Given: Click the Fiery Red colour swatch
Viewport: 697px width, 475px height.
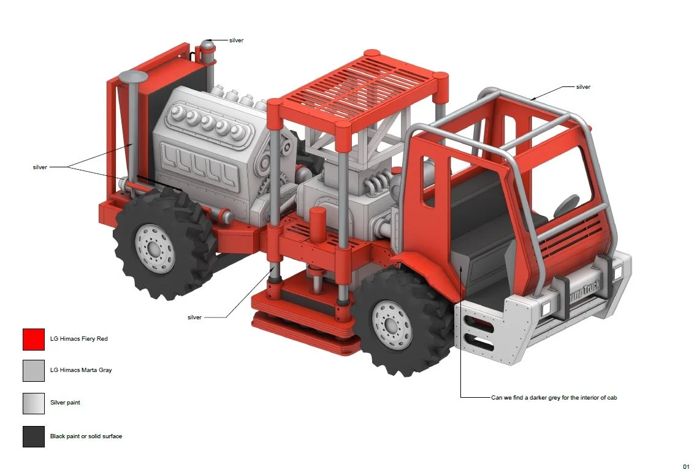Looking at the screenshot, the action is pos(34,340).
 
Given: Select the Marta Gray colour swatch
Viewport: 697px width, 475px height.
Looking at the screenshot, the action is pos(34,371).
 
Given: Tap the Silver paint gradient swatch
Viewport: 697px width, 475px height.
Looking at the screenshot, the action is pos(34,403).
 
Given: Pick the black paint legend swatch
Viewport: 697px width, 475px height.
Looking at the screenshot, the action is pos(34,436).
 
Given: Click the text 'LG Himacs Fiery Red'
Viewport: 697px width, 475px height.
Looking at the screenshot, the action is pos(78,338).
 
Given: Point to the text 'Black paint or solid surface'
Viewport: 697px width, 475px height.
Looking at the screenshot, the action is pos(86,436).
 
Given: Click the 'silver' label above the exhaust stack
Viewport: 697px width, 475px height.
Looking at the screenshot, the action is pos(236,40).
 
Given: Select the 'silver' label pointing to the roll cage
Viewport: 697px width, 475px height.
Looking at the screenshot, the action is pos(583,87).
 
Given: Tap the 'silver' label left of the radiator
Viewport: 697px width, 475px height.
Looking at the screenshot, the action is pos(40,167).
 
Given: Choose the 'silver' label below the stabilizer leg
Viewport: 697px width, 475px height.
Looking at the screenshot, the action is pos(195,317).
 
